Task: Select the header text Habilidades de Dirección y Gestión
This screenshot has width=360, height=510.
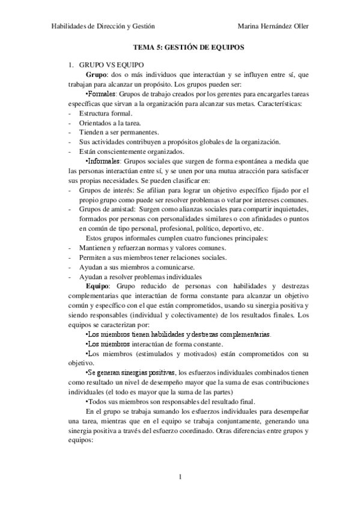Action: (x=103, y=26)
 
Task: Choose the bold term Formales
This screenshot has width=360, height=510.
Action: (x=102, y=94)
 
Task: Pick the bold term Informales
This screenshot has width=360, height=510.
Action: (x=105, y=161)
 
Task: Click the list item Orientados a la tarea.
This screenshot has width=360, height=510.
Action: (x=109, y=123)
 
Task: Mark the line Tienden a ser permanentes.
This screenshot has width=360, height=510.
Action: (x=118, y=132)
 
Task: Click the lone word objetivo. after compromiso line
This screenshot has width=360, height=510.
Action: (x=81, y=363)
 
